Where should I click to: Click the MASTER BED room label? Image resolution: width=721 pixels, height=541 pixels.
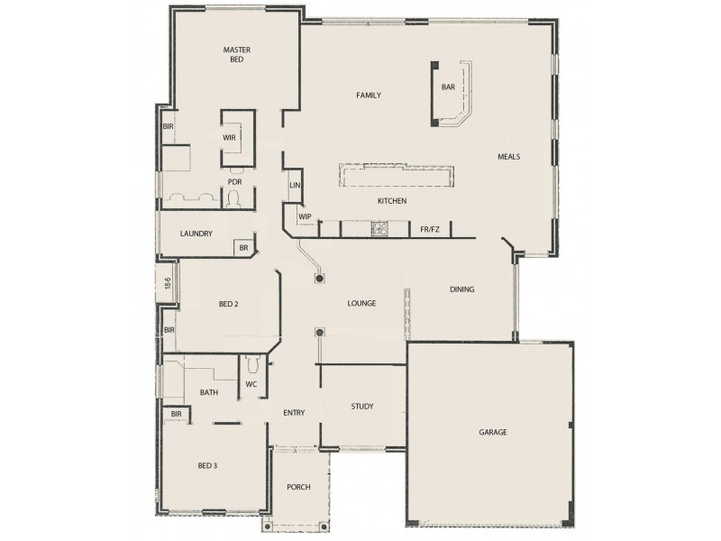(x=236, y=53)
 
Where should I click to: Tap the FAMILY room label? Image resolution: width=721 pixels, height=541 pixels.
(x=368, y=95)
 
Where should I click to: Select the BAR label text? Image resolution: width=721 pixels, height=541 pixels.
(x=448, y=87)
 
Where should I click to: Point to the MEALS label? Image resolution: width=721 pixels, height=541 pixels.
(x=509, y=156)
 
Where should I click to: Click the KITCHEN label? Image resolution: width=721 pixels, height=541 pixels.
(x=392, y=200)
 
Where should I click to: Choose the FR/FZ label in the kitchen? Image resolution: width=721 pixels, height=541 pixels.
(x=431, y=230)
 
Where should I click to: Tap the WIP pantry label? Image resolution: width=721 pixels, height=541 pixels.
(x=305, y=216)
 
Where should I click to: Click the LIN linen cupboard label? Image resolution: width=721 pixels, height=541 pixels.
(x=294, y=185)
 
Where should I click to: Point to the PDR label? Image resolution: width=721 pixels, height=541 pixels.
(x=234, y=181)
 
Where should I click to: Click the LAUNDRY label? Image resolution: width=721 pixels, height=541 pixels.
(x=196, y=234)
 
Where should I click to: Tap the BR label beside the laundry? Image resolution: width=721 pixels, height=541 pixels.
(x=242, y=247)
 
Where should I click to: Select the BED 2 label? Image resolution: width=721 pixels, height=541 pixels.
(x=229, y=304)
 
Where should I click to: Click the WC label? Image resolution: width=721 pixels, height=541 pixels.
(x=251, y=385)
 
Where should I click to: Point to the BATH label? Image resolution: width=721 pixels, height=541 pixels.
(x=209, y=392)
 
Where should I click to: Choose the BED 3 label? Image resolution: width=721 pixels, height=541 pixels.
(x=207, y=465)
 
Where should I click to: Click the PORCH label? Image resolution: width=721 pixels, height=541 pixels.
(x=298, y=487)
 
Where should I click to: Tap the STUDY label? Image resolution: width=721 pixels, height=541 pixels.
(x=362, y=407)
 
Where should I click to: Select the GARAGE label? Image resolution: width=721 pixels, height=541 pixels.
(x=492, y=432)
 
